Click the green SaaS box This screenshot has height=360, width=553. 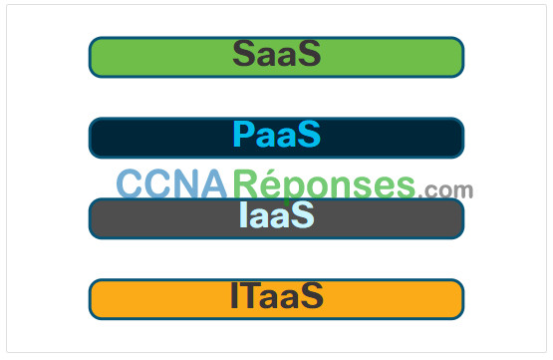pyautogui.click(x=276, y=57)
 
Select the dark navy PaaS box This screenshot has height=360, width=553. pyautogui.click(x=276, y=138)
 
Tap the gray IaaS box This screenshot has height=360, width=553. pyautogui.click(x=276, y=218)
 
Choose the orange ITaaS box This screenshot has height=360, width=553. pyautogui.click(x=276, y=299)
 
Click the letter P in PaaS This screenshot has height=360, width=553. pyautogui.click(x=243, y=134)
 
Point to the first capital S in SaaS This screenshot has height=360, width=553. pyautogui.click(x=244, y=53)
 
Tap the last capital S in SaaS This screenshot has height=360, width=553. pyautogui.click(x=309, y=53)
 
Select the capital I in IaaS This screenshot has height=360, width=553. pyautogui.click(x=243, y=214)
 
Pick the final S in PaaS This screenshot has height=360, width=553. pyautogui.click(x=309, y=134)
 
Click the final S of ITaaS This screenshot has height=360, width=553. pyautogui.click(x=312, y=295)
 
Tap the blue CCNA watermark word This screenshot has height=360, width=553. pyautogui.click(x=171, y=183)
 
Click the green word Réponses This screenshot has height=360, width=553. pyautogui.click(x=324, y=185)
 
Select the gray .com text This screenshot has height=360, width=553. pyautogui.click(x=445, y=190)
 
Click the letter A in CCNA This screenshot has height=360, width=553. pyautogui.click(x=213, y=183)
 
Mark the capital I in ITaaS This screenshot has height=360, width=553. pyautogui.click(x=234, y=295)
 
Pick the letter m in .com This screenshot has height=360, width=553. pyautogui.click(x=462, y=190)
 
